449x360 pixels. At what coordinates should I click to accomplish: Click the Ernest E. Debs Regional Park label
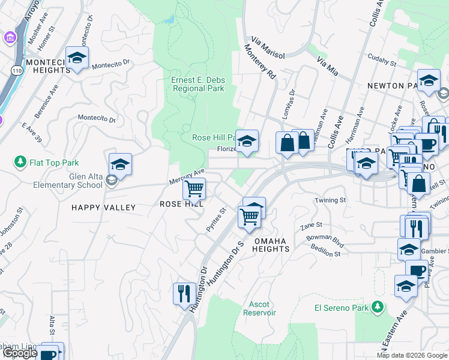coord(197,85)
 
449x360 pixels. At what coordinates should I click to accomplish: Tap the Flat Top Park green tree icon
coord(20,163)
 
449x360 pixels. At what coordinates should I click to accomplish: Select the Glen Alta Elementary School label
coord(61,179)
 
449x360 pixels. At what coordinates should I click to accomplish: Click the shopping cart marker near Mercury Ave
coord(194,188)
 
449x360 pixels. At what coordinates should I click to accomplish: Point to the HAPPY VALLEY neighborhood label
coord(104,207)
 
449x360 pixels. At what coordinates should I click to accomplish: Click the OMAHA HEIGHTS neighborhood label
coord(272,244)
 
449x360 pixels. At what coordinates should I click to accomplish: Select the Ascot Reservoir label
coord(259,308)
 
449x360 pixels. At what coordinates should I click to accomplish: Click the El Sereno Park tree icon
coord(378,307)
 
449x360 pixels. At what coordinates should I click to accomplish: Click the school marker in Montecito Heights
coord(77,58)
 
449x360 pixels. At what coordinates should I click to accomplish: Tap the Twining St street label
coord(331,200)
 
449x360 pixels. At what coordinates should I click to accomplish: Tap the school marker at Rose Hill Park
coord(247,141)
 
